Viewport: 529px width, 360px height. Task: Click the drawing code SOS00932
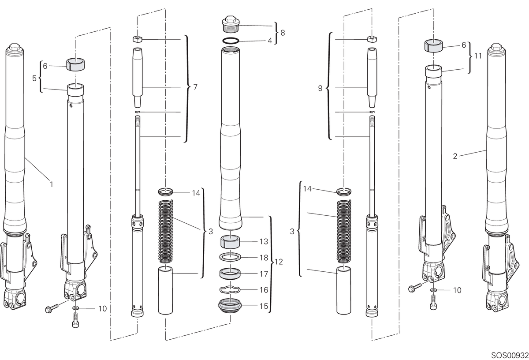click(x=510, y=355)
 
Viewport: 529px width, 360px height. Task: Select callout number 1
click(x=51, y=184)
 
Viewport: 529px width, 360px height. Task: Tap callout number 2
click(x=455, y=156)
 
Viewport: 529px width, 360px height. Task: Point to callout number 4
click(x=270, y=41)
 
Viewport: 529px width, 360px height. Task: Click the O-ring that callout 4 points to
click(x=231, y=41)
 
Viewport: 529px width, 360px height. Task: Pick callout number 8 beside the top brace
click(x=283, y=33)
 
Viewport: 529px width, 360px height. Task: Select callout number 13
click(x=264, y=242)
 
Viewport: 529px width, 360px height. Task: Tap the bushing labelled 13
click(x=230, y=242)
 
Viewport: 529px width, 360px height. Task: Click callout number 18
click(x=264, y=258)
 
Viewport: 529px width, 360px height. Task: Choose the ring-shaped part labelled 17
click(x=230, y=274)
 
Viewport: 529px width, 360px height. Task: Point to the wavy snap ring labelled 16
click(x=230, y=289)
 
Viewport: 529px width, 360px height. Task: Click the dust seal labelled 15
click(x=230, y=306)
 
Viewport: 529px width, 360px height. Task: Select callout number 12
click(x=279, y=262)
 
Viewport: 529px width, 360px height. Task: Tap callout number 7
click(x=195, y=87)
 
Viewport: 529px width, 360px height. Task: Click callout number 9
click(x=320, y=88)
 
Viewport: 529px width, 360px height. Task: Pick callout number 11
click(x=478, y=56)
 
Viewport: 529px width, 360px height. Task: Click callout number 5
click(x=34, y=78)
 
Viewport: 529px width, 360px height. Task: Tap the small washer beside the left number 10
click(x=75, y=308)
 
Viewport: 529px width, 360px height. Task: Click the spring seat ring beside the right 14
click(x=343, y=191)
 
